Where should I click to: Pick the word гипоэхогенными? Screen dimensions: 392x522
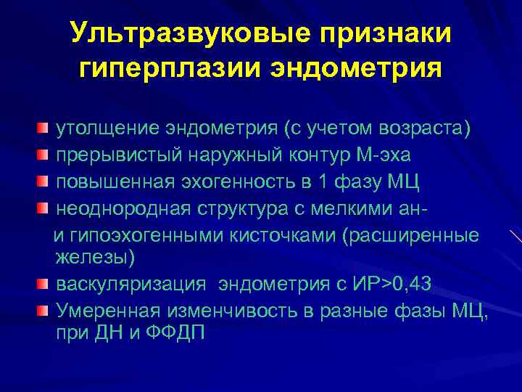[144, 236]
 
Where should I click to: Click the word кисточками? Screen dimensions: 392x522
[281, 236]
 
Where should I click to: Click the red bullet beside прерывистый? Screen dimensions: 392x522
[44, 155]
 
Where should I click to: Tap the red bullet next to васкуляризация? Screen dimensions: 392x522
[44, 282]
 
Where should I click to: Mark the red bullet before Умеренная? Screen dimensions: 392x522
[44, 310]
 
